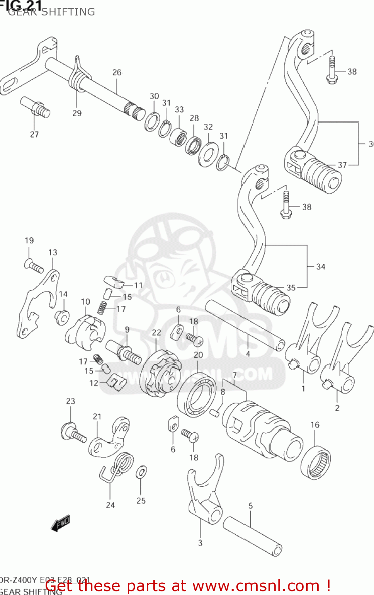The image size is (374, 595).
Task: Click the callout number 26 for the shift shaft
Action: pyautogui.click(x=117, y=72)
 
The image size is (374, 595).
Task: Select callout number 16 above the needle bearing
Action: pyautogui.click(x=315, y=425)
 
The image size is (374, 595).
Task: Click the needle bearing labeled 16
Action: pyautogui.click(x=316, y=462)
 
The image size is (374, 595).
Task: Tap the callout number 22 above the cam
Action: pyautogui.click(x=156, y=332)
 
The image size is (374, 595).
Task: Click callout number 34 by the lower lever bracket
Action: pyautogui.click(x=320, y=267)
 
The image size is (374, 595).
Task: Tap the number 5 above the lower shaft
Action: pyautogui.click(x=250, y=506)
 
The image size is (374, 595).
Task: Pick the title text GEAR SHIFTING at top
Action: pyautogui.click(x=52, y=12)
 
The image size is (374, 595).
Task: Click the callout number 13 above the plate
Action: pyautogui.click(x=53, y=252)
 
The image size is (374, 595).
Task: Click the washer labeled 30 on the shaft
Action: pyautogui.click(x=152, y=121)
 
